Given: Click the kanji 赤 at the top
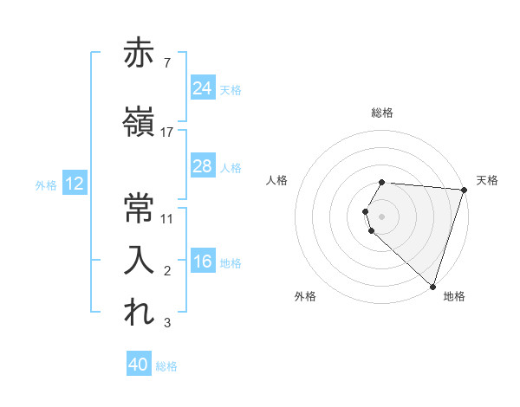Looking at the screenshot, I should coord(140,54).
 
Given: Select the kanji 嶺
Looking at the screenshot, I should coord(140,121).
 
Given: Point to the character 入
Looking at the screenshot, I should coord(140,260).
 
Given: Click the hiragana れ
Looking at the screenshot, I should coord(140,313).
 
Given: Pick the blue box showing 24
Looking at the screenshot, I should coord(202,87).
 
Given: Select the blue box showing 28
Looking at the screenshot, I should coord(202,166).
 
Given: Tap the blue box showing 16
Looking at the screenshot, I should coord(202,262).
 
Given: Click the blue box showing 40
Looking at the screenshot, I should coord(139,365).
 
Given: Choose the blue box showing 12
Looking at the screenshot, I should coord(74,184).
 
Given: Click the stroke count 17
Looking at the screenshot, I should coord(167,132).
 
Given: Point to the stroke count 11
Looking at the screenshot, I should coord(167,218).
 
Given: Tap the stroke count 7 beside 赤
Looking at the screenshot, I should coord(167,63).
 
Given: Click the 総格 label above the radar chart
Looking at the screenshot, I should coord(382,113).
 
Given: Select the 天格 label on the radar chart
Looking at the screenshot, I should coord(487,180).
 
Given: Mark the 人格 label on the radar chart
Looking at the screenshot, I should coord(277,180).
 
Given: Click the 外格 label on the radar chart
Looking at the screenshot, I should coord(305,297).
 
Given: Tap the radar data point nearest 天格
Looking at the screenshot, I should coord(464,190).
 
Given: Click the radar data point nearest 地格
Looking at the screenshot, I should coord(432,285).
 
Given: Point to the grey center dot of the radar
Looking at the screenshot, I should coord(382,216).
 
